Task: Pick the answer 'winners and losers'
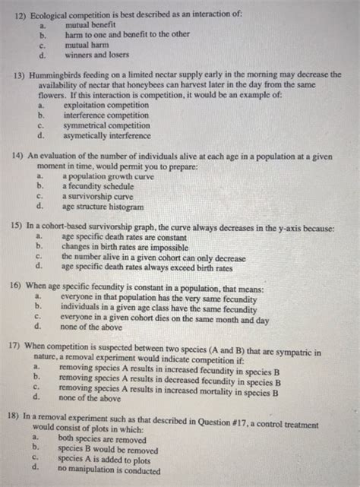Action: click(96, 55)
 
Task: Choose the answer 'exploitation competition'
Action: click(106, 106)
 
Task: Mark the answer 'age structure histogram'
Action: click(103, 205)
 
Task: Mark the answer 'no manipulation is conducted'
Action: click(109, 469)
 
